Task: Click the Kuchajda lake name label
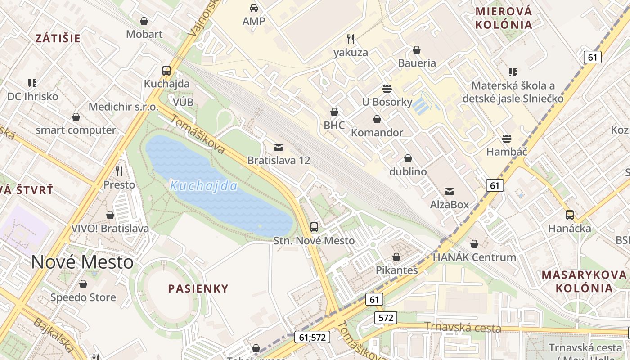click(x=204, y=186)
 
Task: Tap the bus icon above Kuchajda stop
click(x=166, y=70)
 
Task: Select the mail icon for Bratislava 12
click(x=279, y=147)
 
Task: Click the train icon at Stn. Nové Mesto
click(x=314, y=227)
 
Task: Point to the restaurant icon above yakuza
click(x=351, y=39)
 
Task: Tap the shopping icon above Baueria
click(x=417, y=49)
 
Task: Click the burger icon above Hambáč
click(x=507, y=138)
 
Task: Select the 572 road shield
click(x=386, y=318)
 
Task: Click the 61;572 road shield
click(x=312, y=337)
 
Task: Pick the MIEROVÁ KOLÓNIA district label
click(x=504, y=18)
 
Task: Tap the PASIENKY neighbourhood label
click(x=198, y=289)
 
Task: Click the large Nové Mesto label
click(x=82, y=262)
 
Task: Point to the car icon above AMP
click(x=254, y=8)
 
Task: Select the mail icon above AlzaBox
click(x=449, y=191)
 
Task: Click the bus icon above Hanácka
click(x=570, y=215)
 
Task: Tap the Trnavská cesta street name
click(x=463, y=327)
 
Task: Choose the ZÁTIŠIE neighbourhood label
click(x=58, y=38)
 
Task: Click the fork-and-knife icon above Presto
click(x=119, y=171)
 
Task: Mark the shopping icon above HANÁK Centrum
click(x=474, y=244)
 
